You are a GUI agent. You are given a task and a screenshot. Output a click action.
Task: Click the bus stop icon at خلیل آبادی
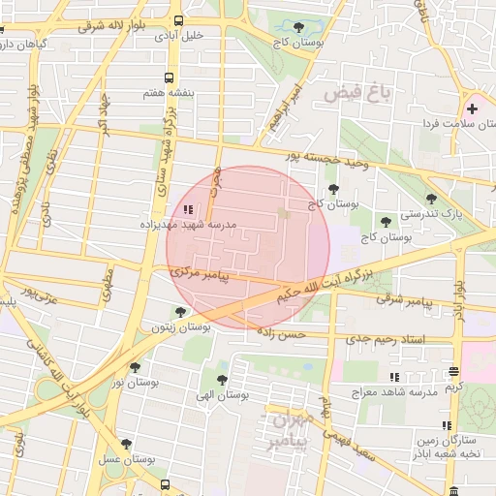(x=177, y=20)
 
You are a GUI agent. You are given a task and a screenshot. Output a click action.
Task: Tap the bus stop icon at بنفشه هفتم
(x=170, y=77)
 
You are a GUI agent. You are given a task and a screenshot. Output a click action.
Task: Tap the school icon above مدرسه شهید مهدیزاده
(x=188, y=208)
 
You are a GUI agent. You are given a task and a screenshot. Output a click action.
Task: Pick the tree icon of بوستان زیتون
(x=180, y=312)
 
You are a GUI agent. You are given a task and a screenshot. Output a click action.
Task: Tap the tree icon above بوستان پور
(x=135, y=367)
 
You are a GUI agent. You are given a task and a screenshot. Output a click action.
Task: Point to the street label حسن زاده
(x=281, y=332)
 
